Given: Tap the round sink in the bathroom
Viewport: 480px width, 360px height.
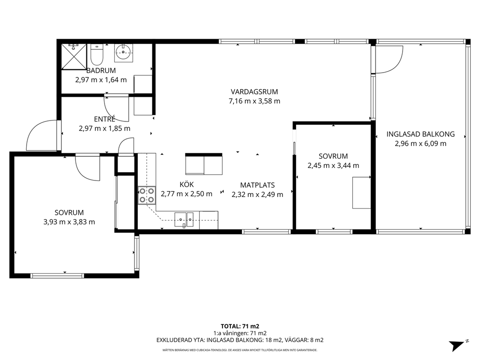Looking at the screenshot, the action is [x=124, y=52].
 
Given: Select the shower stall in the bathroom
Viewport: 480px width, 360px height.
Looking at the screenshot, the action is [x=74, y=57].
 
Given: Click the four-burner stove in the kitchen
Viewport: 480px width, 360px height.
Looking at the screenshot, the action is [x=147, y=195].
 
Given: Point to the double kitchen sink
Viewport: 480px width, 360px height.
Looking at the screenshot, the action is [x=184, y=219].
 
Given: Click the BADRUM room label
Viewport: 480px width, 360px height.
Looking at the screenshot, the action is [x=101, y=71].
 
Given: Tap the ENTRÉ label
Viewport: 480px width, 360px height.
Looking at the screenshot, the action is [x=105, y=119].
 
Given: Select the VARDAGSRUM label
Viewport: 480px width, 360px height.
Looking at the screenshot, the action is [x=255, y=91].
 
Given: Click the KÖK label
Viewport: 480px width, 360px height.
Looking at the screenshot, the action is [x=187, y=184].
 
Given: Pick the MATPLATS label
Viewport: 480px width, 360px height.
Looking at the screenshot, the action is [x=257, y=185].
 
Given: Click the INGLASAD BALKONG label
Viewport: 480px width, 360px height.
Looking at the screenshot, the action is [x=420, y=134].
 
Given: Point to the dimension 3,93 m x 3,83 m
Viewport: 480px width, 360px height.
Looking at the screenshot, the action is [x=69, y=222].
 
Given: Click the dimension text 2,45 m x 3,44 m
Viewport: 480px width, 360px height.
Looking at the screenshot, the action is [x=333, y=165].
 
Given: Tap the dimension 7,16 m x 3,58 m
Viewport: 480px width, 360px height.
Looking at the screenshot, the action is [x=255, y=101].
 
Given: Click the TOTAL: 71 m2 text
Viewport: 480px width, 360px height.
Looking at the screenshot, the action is [x=240, y=326].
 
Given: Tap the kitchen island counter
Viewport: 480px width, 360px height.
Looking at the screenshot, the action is [x=204, y=164].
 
